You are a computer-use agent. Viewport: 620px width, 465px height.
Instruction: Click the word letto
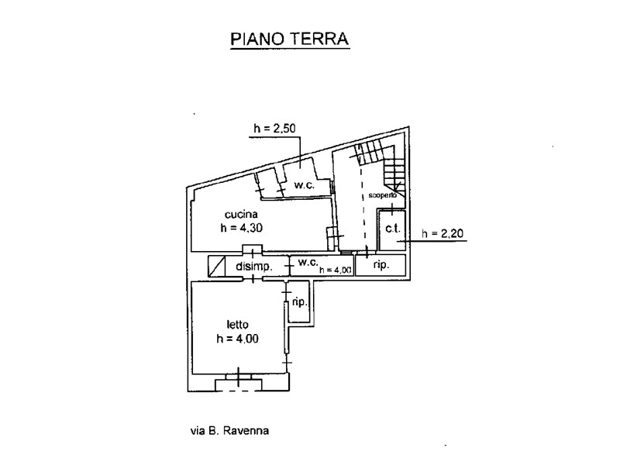click(x=237, y=324)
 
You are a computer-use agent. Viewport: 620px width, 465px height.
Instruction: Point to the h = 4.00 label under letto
click(x=237, y=338)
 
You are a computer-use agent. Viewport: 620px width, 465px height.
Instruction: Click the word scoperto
click(x=383, y=195)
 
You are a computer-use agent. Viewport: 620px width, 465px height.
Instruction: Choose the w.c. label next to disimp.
click(x=308, y=263)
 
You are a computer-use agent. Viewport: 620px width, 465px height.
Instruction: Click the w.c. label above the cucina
click(x=302, y=185)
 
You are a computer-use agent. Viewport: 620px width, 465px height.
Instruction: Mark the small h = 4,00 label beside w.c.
click(x=336, y=270)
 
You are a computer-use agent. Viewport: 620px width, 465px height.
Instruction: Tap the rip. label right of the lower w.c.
click(x=381, y=265)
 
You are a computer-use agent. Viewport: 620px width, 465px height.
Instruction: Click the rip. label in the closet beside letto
click(x=298, y=303)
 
